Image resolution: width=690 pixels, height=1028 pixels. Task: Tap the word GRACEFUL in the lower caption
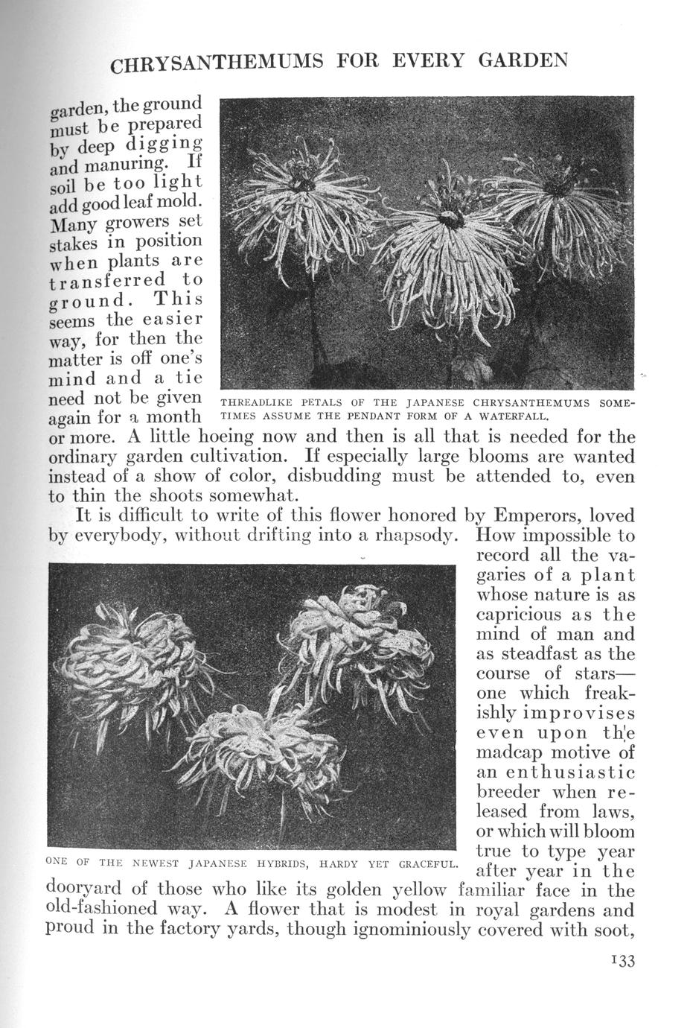[x=427, y=864]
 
